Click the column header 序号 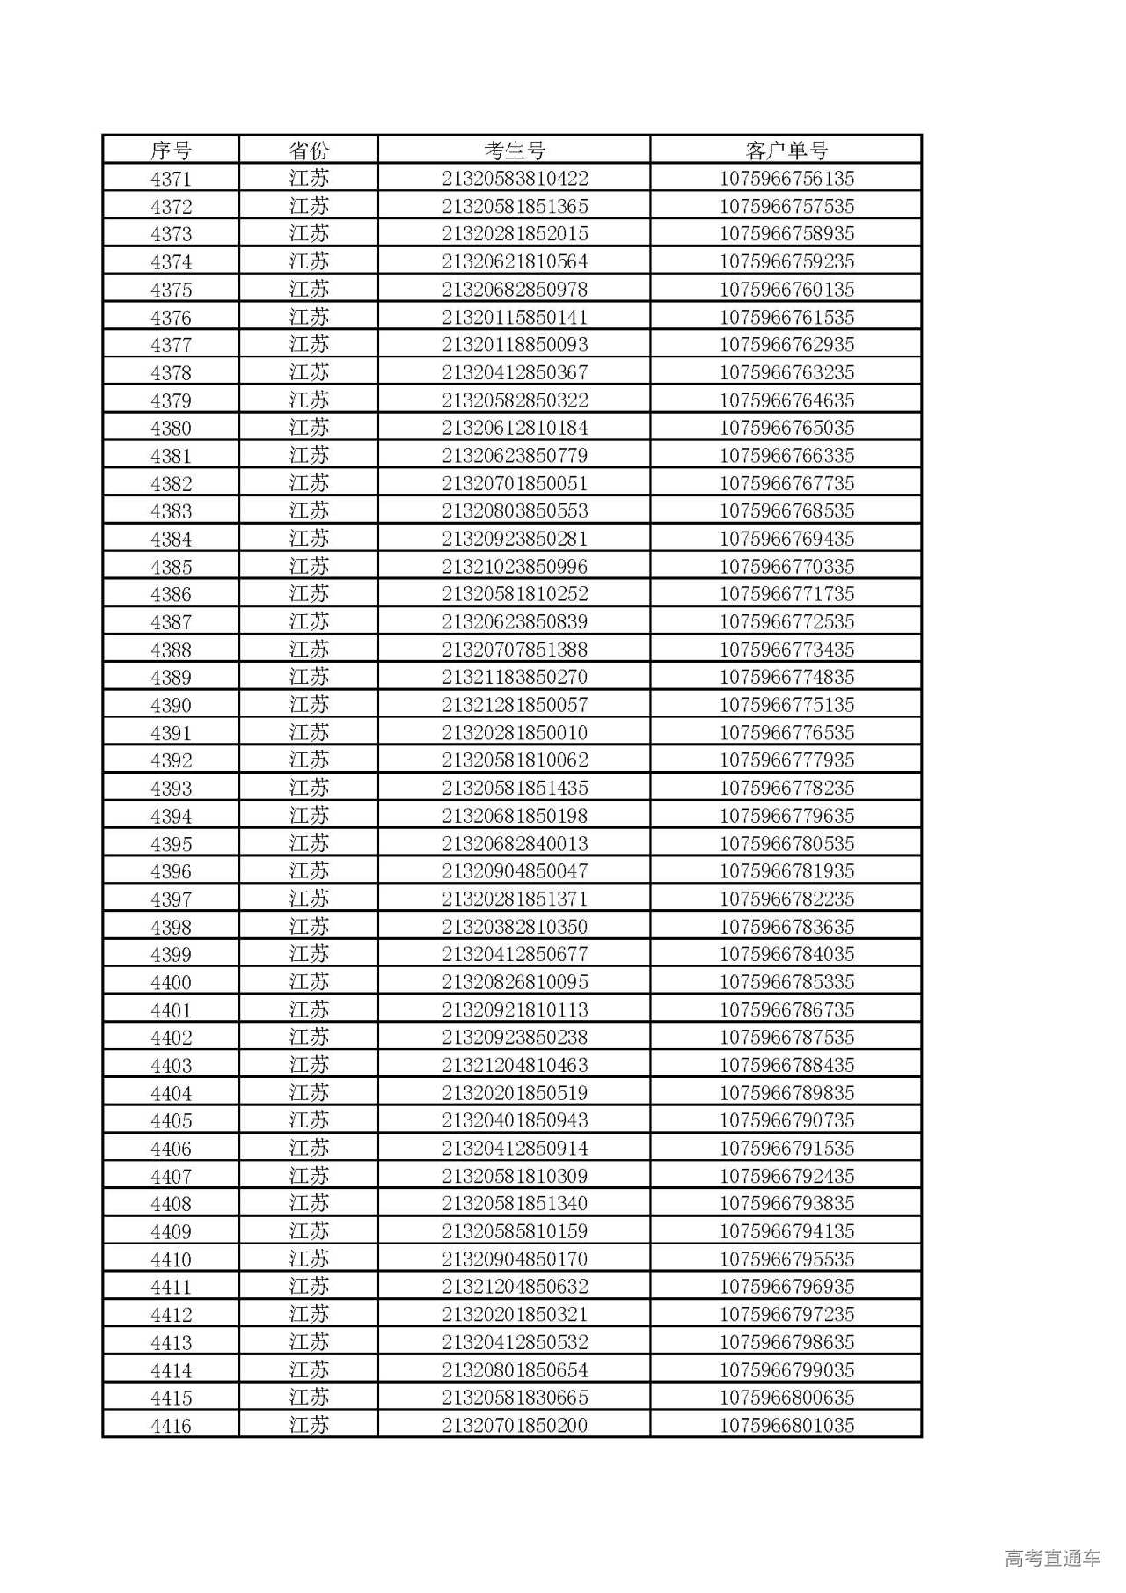pyautogui.click(x=171, y=150)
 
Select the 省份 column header pyautogui.click(x=308, y=150)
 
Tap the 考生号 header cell pyautogui.click(x=515, y=150)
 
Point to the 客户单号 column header pyautogui.click(x=786, y=150)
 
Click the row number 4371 pyautogui.click(x=171, y=179)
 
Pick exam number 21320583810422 pyautogui.click(x=515, y=179)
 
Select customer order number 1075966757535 pyautogui.click(x=786, y=207)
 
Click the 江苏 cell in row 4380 pyautogui.click(x=308, y=428)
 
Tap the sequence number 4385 pyautogui.click(x=171, y=567)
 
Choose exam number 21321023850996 pyautogui.click(x=515, y=567)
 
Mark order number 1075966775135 pyautogui.click(x=786, y=705)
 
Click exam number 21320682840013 pyautogui.click(x=515, y=844)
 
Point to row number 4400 pyautogui.click(x=171, y=982)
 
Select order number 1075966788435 pyautogui.click(x=786, y=1065)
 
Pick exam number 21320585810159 pyautogui.click(x=515, y=1231)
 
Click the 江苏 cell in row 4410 pyautogui.click(x=308, y=1259)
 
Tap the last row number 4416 pyautogui.click(x=171, y=1426)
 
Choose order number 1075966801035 pyautogui.click(x=786, y=1426)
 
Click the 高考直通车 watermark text pyautogui.click(x=1052, y=1558)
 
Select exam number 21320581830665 pyautogui.click(x=515, y=1398)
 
